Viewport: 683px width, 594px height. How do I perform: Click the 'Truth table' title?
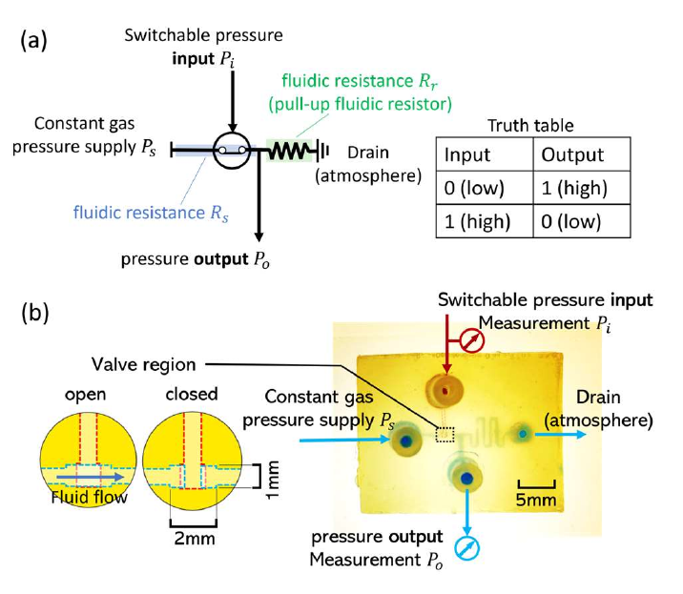pos(530,125)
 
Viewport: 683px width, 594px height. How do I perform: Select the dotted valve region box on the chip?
pos(445,436)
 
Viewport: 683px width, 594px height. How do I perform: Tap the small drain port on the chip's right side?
pos(523,435)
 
